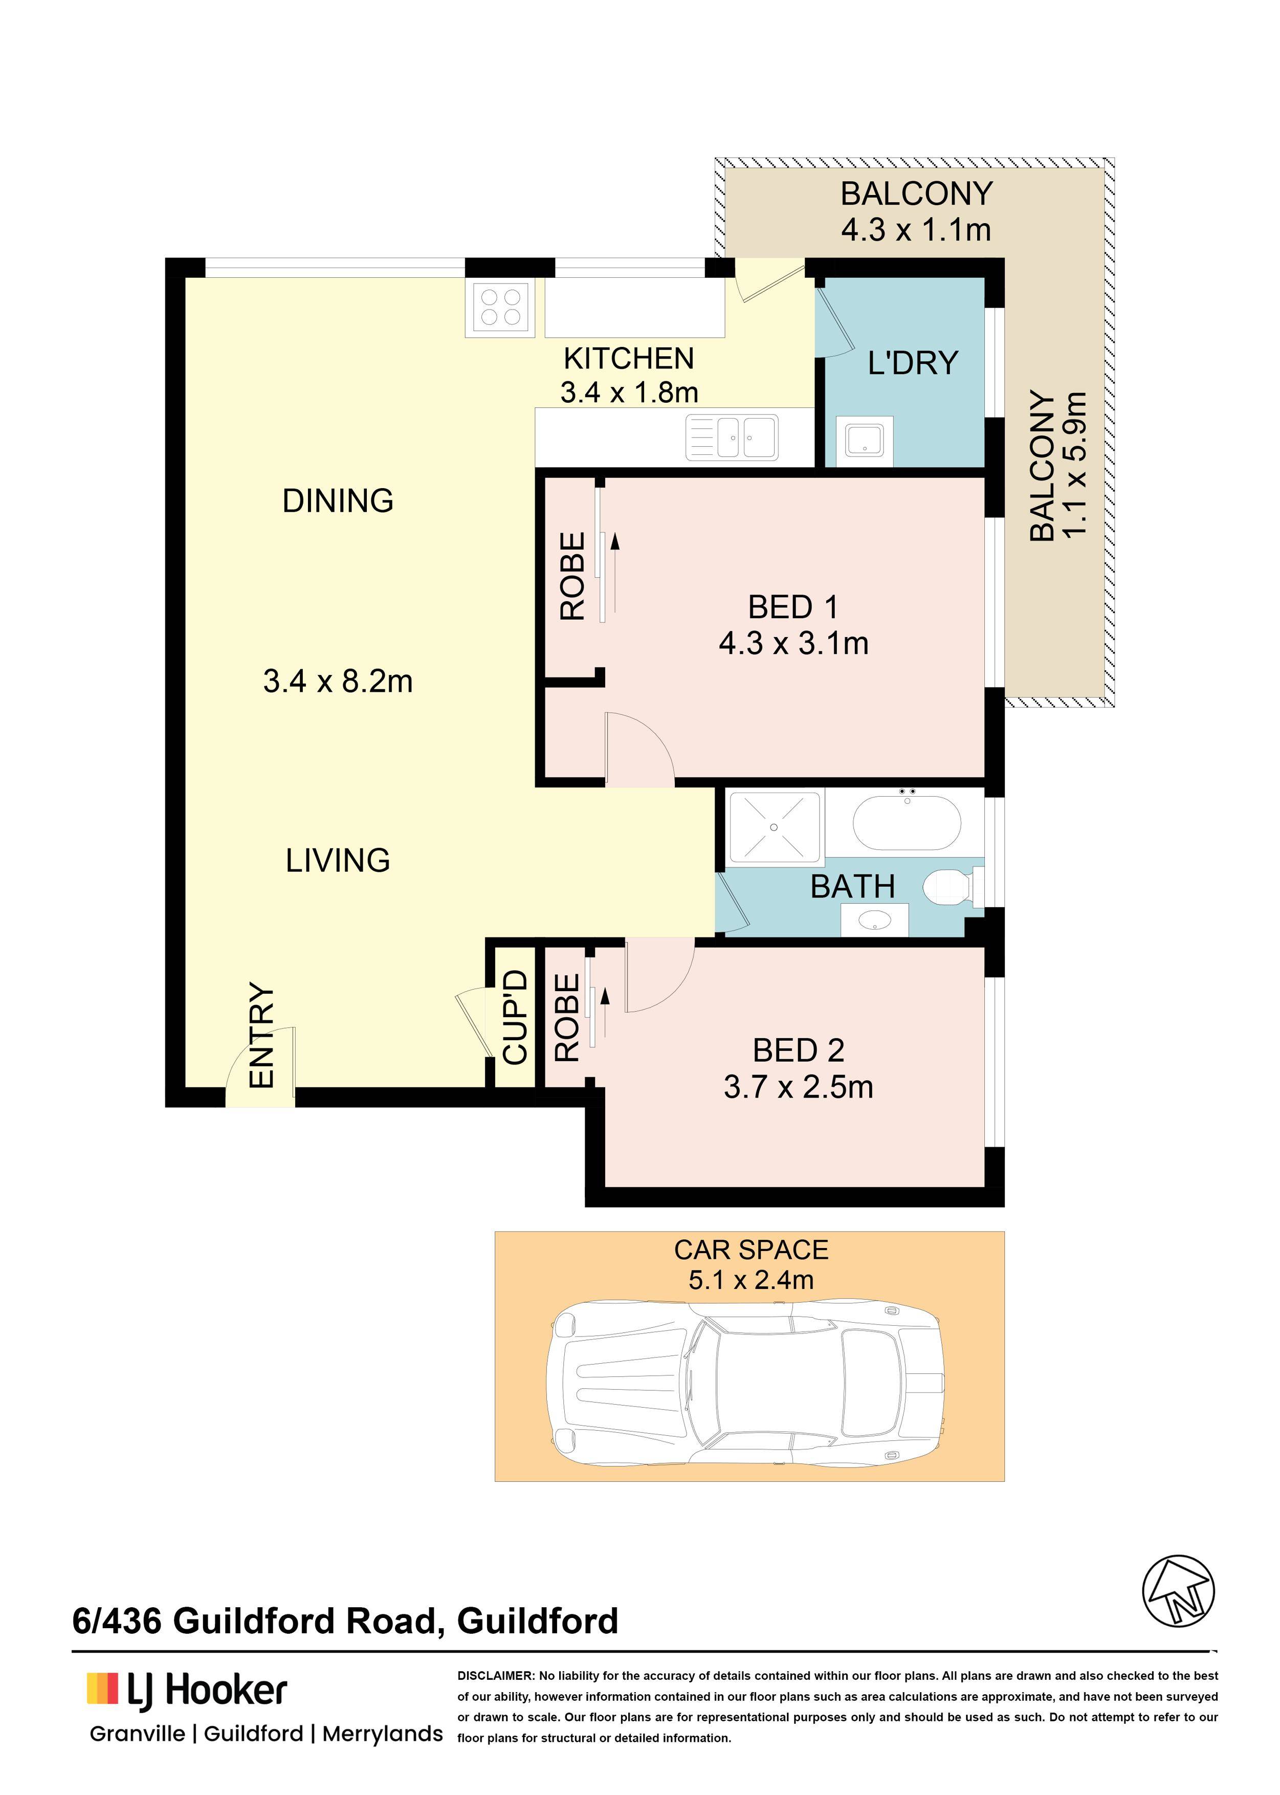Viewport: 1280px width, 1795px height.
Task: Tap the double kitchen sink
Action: point(732,437)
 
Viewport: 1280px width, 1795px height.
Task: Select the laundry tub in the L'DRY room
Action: point(865,439)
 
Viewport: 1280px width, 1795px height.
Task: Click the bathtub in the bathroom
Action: point(907,822)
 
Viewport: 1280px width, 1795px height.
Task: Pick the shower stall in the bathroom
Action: point(775,827)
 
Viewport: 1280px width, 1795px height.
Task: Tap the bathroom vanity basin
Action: point(875,920)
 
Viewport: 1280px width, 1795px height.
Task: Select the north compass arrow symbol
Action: point(1178,1592)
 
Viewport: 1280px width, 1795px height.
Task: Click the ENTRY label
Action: point(261,1035)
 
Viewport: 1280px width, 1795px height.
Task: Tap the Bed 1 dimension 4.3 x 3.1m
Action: point(793,644)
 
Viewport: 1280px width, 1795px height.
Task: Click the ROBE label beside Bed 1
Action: point(573,576)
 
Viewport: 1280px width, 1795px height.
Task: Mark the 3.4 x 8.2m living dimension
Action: point(338,681)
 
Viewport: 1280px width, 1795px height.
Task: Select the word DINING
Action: point(338,501)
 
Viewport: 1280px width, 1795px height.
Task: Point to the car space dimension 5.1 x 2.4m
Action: point(751,1280)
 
